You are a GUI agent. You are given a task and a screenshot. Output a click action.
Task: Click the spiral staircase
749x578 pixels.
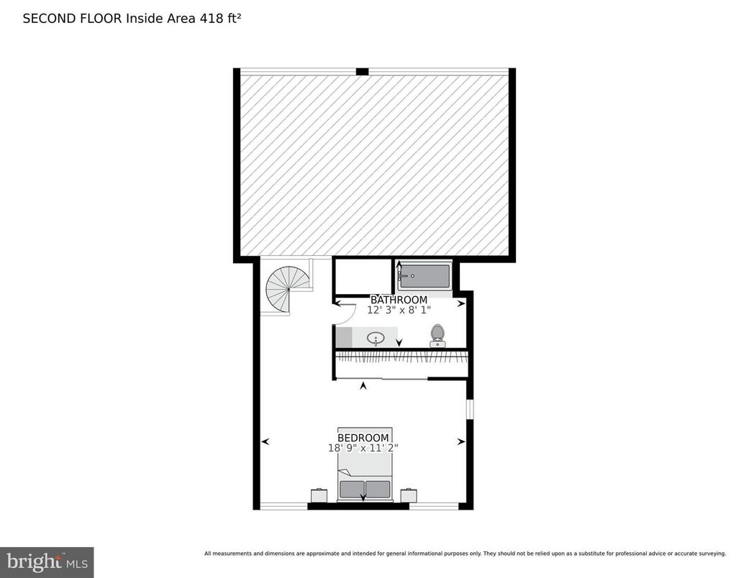[288, 288]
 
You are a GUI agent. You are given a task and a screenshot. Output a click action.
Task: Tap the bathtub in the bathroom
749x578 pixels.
[425, 276]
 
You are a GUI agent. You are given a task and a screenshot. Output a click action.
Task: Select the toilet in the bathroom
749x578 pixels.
[437, 336]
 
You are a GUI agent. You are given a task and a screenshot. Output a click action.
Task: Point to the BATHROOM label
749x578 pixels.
[399, 300]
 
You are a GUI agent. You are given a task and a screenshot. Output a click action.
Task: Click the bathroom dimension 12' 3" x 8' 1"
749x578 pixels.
[399, 311]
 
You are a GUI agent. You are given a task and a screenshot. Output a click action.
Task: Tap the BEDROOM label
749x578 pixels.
[363, 438]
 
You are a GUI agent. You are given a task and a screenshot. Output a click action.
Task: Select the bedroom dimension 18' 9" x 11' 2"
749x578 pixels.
[363, 448]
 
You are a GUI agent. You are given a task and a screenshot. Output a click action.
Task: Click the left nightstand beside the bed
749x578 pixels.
[319, 495]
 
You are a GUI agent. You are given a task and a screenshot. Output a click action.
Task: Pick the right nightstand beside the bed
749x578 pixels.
[409, 495]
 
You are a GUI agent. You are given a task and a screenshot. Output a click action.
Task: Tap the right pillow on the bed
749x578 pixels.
[378, 490]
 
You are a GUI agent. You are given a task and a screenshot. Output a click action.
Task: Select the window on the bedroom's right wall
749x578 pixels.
[469, 409]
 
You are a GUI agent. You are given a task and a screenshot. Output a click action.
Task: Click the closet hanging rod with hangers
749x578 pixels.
[401, 355]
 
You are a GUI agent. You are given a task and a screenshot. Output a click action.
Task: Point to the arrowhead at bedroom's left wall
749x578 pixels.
[265, 441]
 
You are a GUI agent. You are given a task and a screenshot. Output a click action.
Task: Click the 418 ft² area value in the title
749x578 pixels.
[219, 19]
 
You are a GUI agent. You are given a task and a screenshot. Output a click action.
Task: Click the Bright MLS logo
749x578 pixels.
[47, 561]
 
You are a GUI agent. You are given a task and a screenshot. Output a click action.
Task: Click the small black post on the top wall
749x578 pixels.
[362, 71]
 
